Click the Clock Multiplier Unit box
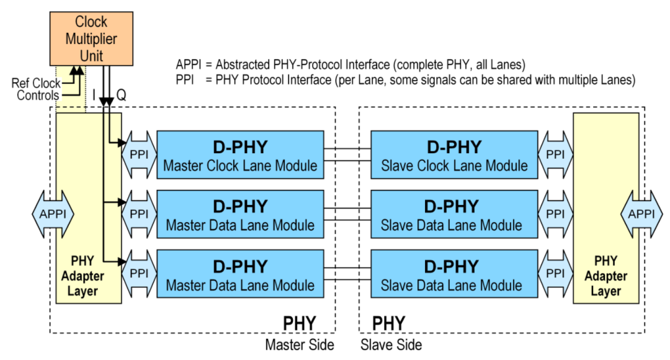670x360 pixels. click(x=91, y=38)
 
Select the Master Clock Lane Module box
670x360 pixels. click(x=240, y=155)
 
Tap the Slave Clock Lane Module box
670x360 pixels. click(x=454, y=155)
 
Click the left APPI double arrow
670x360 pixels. click(x=53, y=214)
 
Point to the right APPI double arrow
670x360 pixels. click(x=641, y=214)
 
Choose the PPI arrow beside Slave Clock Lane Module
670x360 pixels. click(x=555, y=154)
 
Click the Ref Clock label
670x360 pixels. click(x=36, y=83)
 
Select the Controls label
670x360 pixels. click(x=38, y=96)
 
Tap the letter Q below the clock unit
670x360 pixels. click(x=122, y=95)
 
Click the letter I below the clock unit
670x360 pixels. click(x=94, y=95)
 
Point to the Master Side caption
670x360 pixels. click(x=300, y=344)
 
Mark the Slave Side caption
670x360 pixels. click(x=391, y=344)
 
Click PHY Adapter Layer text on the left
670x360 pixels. click(x=83, y=276)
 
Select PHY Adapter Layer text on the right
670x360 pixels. click(x=605, y=276)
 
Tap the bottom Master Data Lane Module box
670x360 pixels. click(x=240, y=274)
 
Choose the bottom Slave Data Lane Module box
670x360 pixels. click(x=454, y=274)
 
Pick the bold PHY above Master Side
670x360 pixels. click(x=300, y=323)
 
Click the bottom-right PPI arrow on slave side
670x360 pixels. click(x=555, y=274)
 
